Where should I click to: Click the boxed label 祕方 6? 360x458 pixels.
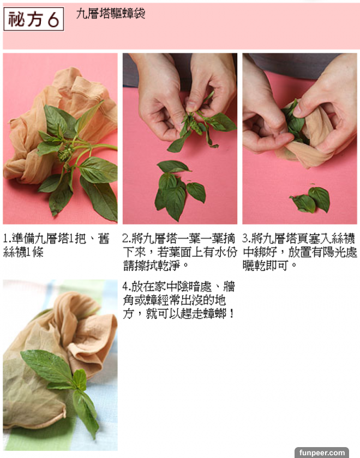click(34, 19)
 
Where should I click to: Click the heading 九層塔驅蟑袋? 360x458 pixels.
click(111, 14)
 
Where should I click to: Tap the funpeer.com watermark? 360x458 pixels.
click(322, 453)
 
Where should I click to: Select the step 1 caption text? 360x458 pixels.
click(56, 245)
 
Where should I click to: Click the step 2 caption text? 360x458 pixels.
click(179, 252)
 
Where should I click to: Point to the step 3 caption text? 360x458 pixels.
click(299, 252)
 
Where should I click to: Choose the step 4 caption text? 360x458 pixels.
click(178, 300)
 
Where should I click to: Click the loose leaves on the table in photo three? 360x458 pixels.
click(310, 200)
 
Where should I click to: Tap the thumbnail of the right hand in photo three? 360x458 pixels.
click(297, 110)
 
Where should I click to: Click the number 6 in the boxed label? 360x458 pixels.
click(53, 20)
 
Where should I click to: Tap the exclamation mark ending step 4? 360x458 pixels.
click(232, 314)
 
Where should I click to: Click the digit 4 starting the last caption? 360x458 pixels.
click(125, 287)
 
